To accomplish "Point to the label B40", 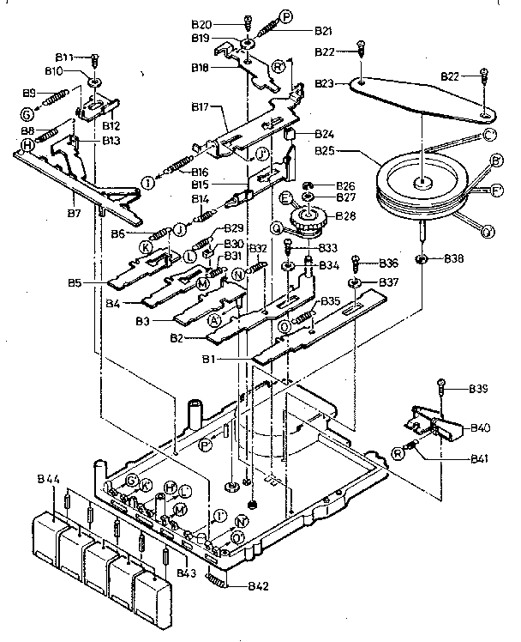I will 480,427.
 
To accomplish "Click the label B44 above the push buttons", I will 50,476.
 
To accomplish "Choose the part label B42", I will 258,586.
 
